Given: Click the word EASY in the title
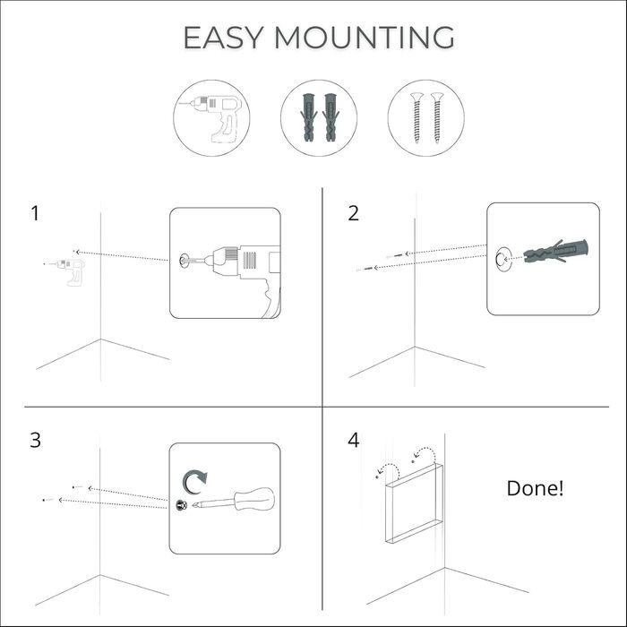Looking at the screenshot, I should point(223,38).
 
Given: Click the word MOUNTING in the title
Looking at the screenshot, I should point(365,38).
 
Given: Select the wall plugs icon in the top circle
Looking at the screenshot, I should point(319,118).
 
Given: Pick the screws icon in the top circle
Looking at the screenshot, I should point(425,116).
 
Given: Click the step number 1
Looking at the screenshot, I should point(35,214).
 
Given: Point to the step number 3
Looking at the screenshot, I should point(35,441).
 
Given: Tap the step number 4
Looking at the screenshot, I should point(353,441).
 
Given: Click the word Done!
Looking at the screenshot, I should point(536,489).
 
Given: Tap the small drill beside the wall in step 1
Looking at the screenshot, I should point(64,263).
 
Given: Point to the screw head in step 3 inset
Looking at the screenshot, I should point(182,505).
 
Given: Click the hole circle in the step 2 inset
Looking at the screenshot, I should point(502,259).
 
